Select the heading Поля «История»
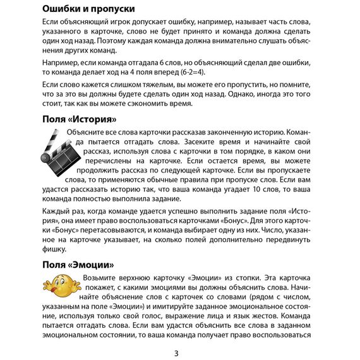pyautogui.click(x=79, y=119)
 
